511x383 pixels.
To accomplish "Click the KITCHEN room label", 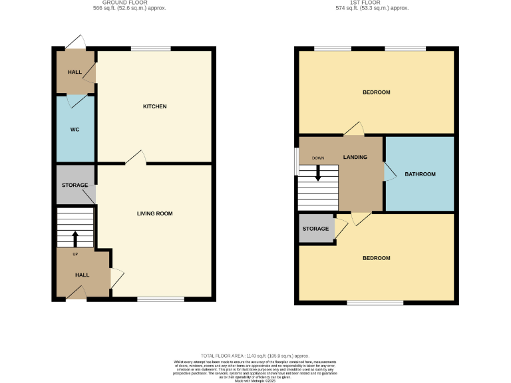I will pos(154,106).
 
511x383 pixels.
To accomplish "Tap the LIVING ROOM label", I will pos(154,213).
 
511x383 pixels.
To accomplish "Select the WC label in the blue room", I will pos(75,129).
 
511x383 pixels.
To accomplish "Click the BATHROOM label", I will pos(420,174).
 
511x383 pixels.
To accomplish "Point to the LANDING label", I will pos(355,157).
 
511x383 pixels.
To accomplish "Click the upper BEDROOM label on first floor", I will pos(376,92).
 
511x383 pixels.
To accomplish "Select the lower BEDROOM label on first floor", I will pos(376,258).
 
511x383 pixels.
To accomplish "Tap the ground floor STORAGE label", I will pos(75,185).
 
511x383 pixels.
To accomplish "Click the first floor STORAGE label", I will pos(315,229).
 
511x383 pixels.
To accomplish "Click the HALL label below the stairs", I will pos(82,275).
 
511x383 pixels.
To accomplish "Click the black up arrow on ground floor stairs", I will pos(75,238).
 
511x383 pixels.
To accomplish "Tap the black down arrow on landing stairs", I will pos(318,173).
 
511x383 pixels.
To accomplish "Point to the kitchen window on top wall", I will pos(150,48).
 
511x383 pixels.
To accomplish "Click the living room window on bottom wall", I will pos(160,299).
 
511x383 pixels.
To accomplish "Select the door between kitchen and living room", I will pos(136,158).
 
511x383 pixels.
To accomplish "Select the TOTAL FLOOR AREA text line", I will pos(255,356).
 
